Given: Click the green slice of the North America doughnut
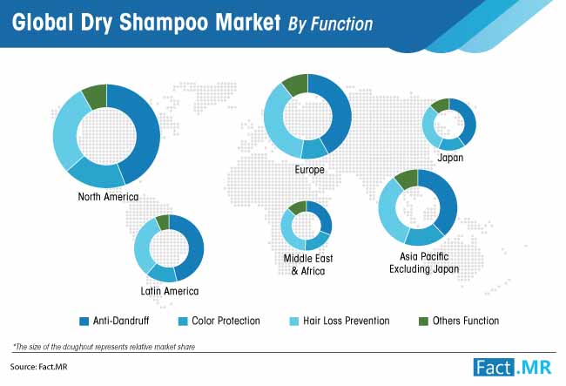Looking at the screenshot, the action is click(x=96, y=97).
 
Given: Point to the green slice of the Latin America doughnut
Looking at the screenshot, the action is click(x=163, y=221).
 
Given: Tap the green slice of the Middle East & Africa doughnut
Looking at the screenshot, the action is click(x=299, y=207).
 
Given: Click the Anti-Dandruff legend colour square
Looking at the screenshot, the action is click(x=84, y=321).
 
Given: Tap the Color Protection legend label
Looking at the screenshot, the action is click(x=226, y=321).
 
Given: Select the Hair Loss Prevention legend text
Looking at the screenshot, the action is click(x=347, y=321).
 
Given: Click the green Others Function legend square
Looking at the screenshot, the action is click(x=423, y=321).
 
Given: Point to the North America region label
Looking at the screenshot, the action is click(x=108, y=197).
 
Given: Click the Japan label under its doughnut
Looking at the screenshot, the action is click(x=450, y=158).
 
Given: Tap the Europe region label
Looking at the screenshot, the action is click(x=309, y=170).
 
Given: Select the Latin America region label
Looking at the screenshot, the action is click(x=170, y=291).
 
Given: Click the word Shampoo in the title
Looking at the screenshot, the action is click(x=164, y=23).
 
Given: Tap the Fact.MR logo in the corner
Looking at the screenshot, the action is click(x=513, y=368).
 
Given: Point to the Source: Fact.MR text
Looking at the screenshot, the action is click(x=38, y=367).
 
